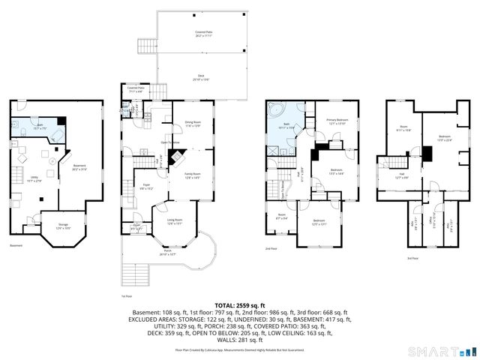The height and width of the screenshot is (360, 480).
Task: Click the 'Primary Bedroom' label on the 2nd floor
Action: point(337,121)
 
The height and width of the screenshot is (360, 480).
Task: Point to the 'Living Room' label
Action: point(175,222)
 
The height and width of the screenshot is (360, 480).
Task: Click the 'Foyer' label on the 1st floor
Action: point(147,187)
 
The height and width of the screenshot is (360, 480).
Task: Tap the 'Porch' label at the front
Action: point(167,253)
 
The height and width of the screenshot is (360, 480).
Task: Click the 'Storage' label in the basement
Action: point(63,227)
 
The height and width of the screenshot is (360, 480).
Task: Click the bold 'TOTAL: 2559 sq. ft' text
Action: point(240,305)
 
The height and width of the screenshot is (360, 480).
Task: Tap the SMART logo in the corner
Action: point(443,351)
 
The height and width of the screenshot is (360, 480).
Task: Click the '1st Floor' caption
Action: point(127,295)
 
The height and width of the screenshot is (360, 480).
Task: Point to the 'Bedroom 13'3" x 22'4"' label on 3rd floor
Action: point(445,137)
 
